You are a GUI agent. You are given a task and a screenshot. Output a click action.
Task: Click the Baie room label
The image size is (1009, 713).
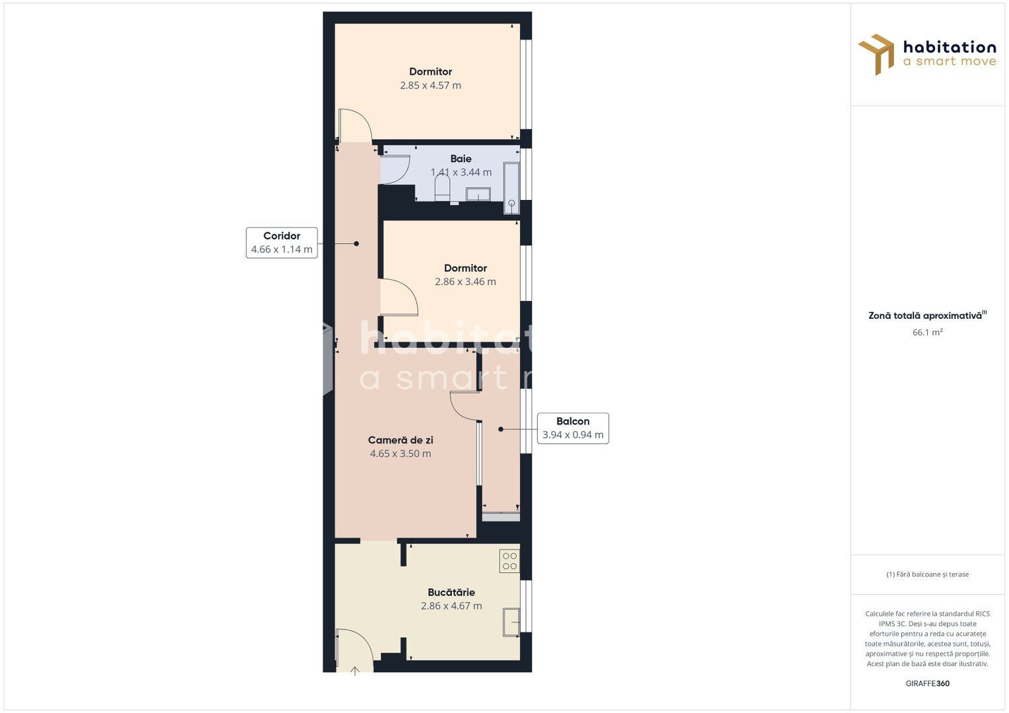[x=461, y=158]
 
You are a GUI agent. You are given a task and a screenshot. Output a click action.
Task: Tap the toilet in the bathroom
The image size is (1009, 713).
[x=442, y=191]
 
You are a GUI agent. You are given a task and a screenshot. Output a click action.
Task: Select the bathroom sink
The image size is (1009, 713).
[x=478, y=193]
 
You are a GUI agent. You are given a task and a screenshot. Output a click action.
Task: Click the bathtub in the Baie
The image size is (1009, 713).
[x=511, y=188]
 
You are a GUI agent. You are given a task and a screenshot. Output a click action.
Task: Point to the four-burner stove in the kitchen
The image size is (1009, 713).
[x=509, y=561]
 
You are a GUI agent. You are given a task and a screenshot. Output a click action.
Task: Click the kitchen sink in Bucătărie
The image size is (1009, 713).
[x=511, y=622]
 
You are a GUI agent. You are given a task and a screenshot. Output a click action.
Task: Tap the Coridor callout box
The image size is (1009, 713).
[x=281, y=242]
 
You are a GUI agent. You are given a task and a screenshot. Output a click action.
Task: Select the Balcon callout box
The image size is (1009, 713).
[x=572, y=428]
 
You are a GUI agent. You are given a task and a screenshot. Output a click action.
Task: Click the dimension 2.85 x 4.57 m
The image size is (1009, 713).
[x=430, y=85]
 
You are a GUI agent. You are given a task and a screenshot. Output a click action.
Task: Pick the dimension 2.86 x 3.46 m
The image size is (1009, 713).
[x=465, y=282]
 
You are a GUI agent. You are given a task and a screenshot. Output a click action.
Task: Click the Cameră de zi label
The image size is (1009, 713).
[x=400, y=440]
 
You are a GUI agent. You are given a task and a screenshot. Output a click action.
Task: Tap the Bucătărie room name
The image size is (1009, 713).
[x=451, y=592]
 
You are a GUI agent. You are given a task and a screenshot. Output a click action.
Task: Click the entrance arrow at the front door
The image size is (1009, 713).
[x=355, y=670]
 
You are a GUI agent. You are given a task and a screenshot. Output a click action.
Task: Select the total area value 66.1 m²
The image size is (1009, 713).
[x=927, y=332]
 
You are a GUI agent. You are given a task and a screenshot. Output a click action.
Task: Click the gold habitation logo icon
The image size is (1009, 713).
[x=877, y=54]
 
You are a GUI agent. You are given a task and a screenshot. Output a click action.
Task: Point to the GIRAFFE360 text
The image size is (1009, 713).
[x=927, y=683]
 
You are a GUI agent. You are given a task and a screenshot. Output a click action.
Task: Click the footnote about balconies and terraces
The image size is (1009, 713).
[x=927, y=574]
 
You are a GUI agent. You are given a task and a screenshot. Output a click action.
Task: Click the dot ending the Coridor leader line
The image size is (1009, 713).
[x=356, y=244]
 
